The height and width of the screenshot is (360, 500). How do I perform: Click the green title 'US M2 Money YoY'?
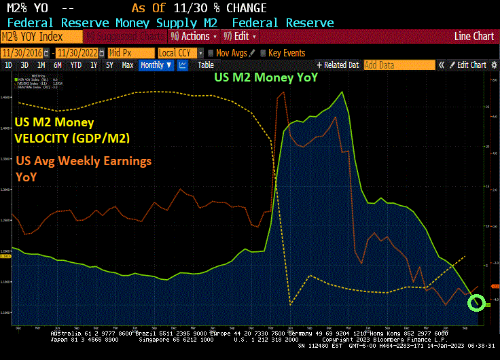click(266, 77)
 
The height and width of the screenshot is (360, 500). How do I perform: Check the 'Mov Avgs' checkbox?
click(211, 53)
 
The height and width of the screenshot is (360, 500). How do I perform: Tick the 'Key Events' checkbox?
click(264, 53)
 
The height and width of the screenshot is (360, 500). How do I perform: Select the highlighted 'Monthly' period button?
click(155, 65)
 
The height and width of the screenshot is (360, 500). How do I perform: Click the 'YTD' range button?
click(76, 65)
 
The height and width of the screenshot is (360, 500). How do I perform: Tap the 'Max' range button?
click(127, 65)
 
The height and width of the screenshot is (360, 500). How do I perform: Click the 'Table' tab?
click(205, 65)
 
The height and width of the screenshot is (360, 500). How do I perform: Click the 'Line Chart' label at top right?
click(474, 36)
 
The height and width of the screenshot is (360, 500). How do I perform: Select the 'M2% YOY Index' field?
click(41, 36)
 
